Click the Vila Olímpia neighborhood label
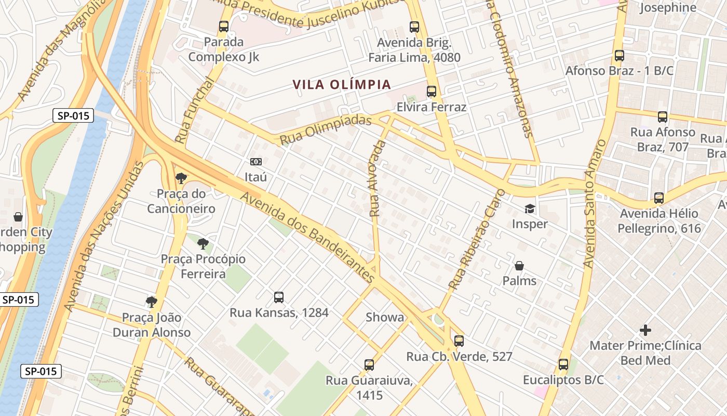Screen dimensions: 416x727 pos(341,85)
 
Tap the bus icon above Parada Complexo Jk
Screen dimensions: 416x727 pos(224,26)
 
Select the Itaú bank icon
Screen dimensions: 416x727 pos(255,162)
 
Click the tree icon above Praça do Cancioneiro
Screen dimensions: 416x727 pos(181,178)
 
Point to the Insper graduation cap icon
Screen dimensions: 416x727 pos(530,209)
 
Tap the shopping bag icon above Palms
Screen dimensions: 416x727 pos(519,266)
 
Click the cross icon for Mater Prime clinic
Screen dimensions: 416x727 pos(645,330)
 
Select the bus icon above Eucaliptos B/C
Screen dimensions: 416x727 pos(563,365)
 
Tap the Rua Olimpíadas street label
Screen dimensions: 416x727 pos(326,130)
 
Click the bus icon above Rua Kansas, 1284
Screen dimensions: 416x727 pos(279,297)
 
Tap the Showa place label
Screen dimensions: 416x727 pos(385,317)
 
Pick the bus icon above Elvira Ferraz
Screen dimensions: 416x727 pos(432,92)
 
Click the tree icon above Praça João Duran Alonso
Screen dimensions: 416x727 pos(152,302)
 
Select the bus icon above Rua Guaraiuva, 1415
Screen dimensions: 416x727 pos(369,365)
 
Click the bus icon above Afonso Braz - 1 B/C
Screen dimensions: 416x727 pos(619,55)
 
